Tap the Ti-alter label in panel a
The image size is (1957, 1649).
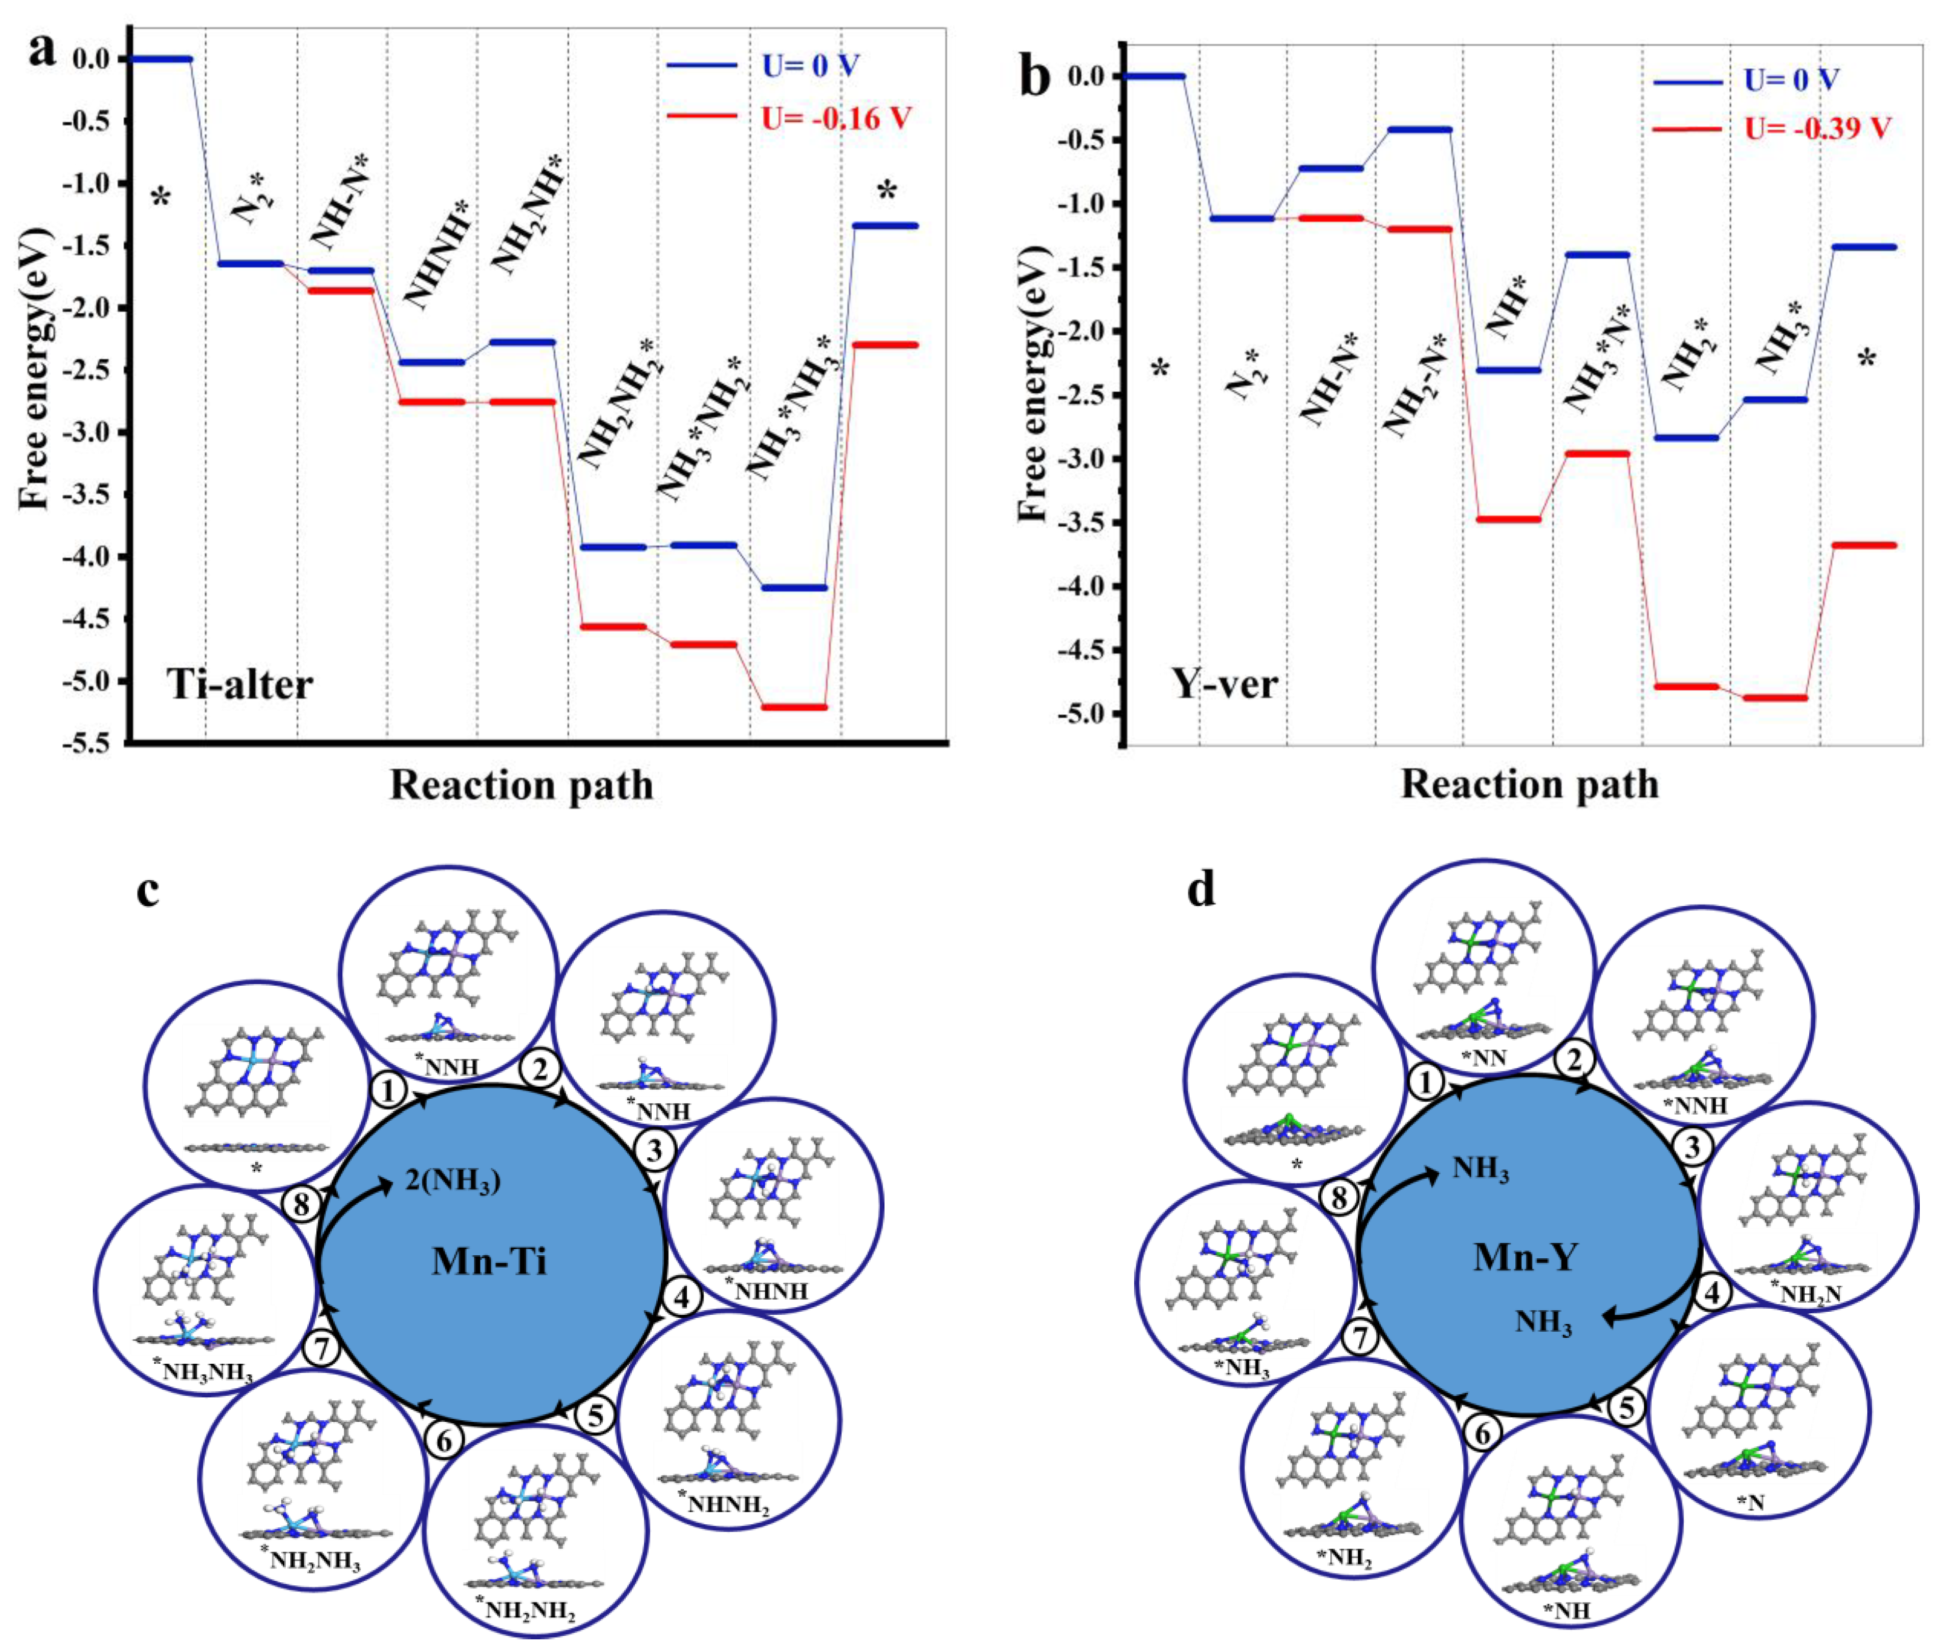pyautogui.click(x=240, y=685)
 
